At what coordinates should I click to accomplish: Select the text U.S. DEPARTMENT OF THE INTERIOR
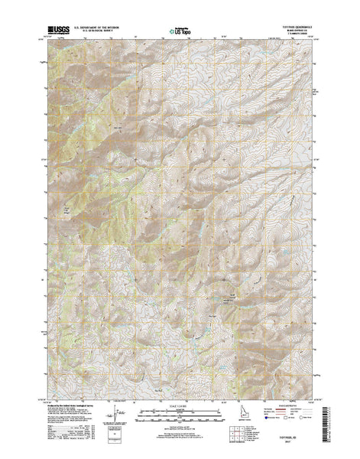[x=98, y=30]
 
